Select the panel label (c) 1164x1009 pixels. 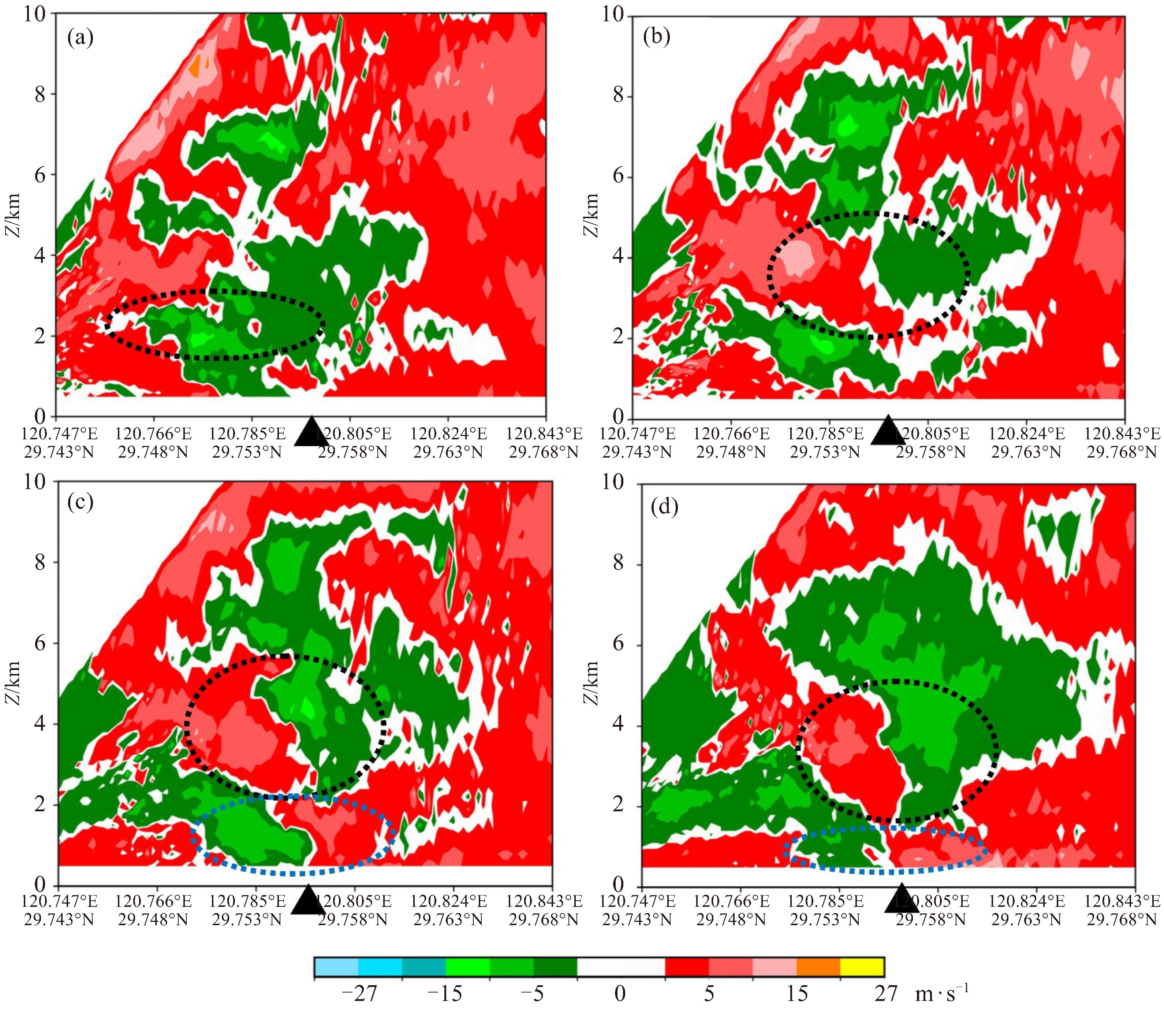coord(79,503)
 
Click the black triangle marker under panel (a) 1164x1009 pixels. coord(311,432)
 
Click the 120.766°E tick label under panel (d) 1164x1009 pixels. coord(731,902)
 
